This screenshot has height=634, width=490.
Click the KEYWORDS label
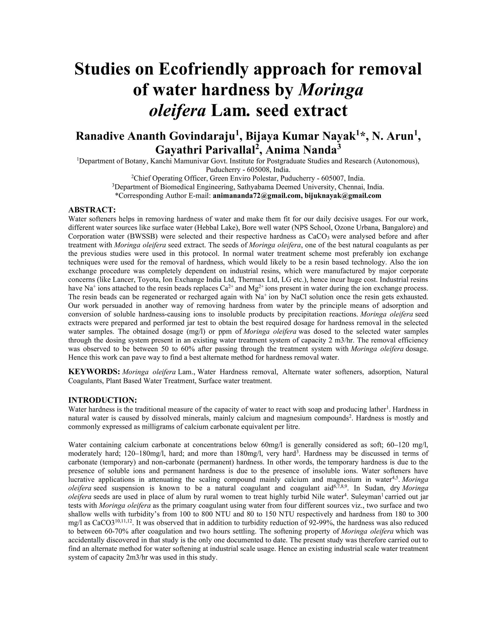(94, 372)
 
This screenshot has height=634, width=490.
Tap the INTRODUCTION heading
(102, 400)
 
